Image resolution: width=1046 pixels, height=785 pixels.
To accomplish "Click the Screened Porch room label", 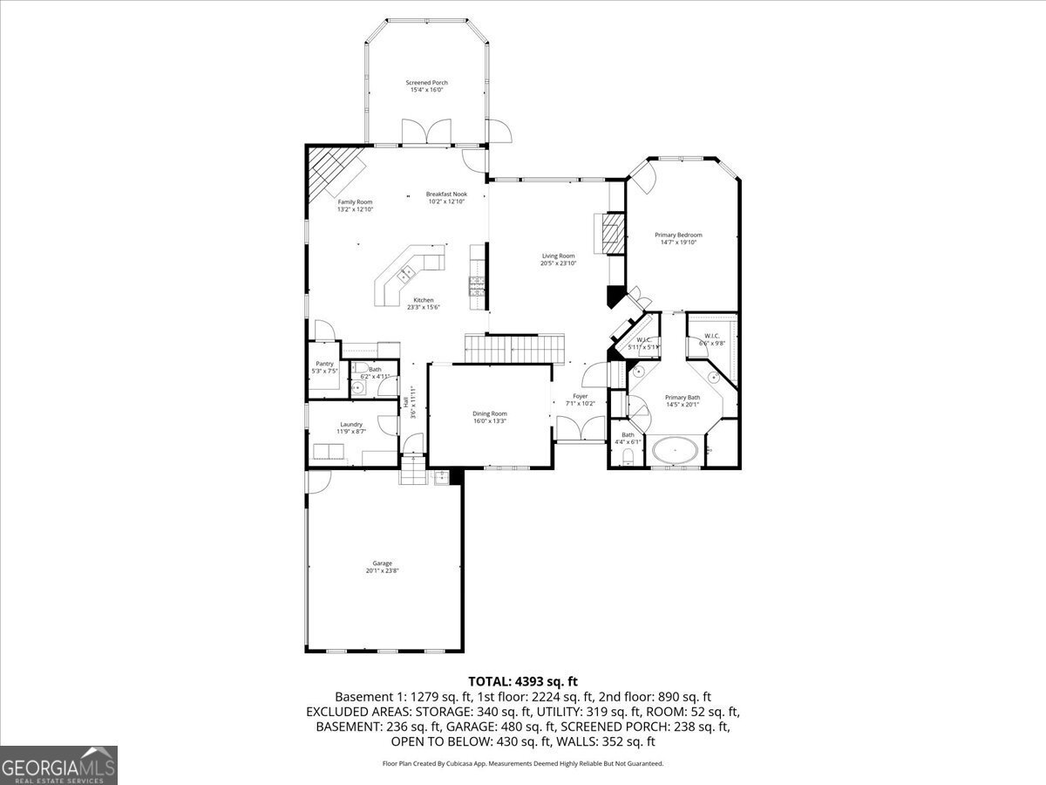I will point(426,83).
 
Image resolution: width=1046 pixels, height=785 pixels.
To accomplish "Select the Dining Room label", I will point(489,413).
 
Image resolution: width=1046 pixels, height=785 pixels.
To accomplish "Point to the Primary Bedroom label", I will point(678,235).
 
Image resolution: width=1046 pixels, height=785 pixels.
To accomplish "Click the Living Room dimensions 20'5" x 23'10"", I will point(558,263).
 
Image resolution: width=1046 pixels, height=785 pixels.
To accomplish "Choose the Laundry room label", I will point(351,424).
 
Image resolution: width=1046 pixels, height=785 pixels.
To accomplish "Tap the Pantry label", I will point(324,364).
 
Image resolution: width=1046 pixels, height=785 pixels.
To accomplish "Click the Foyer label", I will point(581,396).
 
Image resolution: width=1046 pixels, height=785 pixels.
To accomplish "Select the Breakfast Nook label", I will point(446,194).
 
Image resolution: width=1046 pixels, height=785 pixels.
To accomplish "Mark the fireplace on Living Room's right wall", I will point(613,232).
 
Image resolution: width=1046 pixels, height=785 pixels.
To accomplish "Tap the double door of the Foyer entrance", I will point(581,430).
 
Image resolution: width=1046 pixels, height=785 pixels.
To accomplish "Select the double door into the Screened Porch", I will point(426,132).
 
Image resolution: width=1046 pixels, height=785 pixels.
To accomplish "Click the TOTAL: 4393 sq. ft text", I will point(523,681).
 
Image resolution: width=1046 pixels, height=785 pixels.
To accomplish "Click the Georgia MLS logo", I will point(58,765).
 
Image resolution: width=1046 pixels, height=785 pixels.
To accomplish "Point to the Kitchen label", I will point(424,300).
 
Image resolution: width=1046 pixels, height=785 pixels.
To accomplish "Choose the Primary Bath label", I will point(683,397).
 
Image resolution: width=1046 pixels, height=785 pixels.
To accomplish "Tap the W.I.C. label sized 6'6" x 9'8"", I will point(712,336).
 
